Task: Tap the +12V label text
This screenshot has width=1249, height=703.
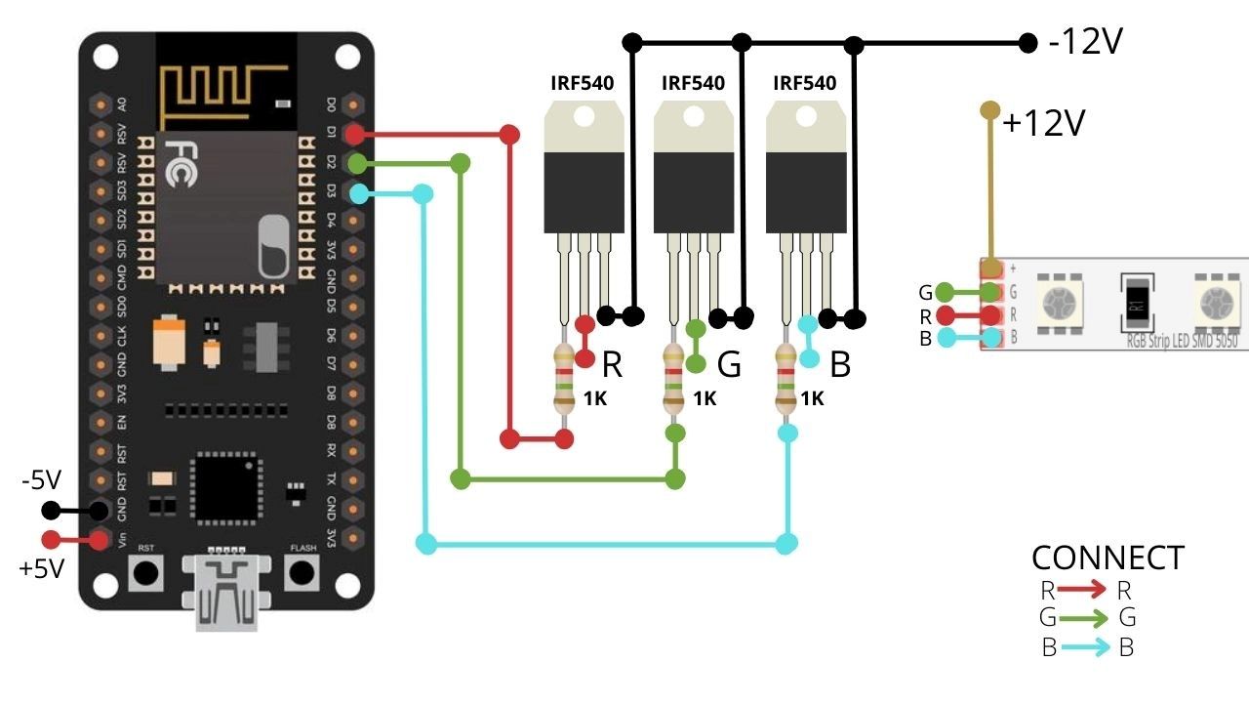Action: pos(1043,124)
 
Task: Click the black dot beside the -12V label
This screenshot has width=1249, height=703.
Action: pos(1027,42)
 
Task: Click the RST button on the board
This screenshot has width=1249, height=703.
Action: pos(146,573)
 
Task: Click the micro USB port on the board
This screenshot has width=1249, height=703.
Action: pos(226,592)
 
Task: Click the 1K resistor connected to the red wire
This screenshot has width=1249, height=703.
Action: pos(564,379)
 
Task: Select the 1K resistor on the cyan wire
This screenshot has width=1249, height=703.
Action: pos(786,379)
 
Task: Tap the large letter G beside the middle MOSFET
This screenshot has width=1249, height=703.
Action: pos(729,364)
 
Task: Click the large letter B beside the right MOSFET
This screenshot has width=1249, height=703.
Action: pos(840,364)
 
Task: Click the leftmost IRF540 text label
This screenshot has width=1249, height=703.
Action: pos(583,83)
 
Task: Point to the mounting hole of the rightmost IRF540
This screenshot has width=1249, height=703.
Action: pos(806,117)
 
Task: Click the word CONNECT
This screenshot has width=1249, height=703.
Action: pos(1108,558)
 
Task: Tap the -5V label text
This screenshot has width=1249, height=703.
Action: pos(41,480)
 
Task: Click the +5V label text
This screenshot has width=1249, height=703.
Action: pos(41,568)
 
